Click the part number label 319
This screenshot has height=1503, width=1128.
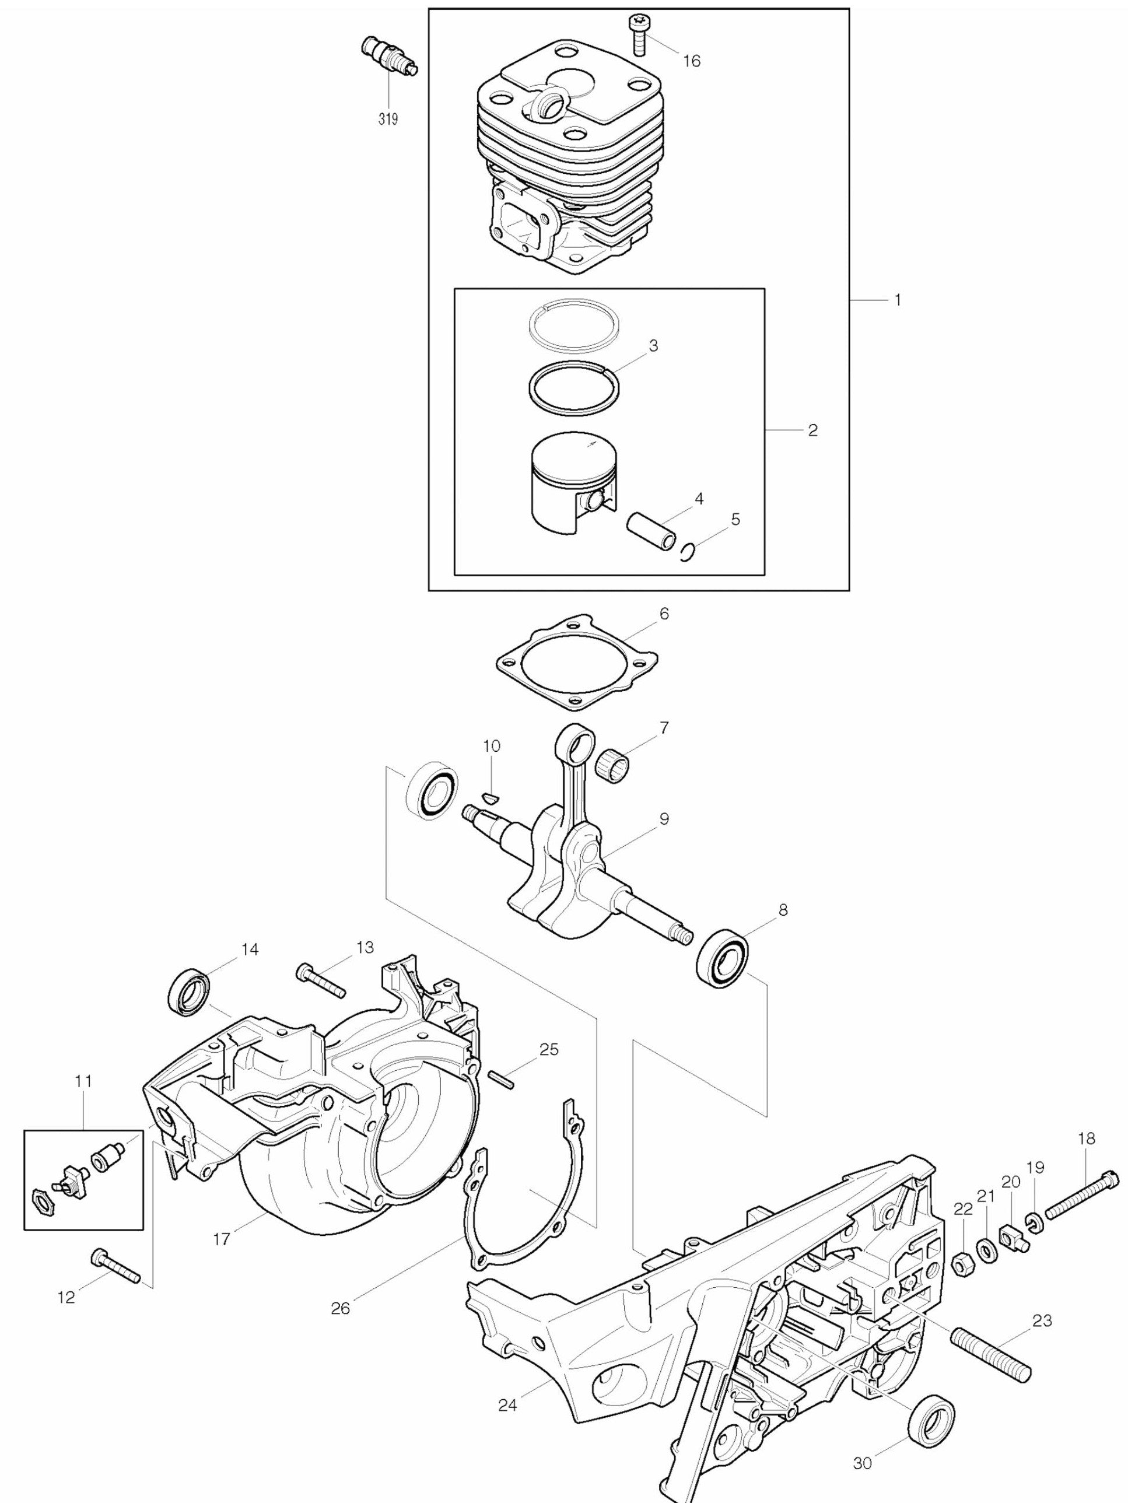(x=388, y=120)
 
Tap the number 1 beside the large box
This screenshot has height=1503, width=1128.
(x=898, y=300)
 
